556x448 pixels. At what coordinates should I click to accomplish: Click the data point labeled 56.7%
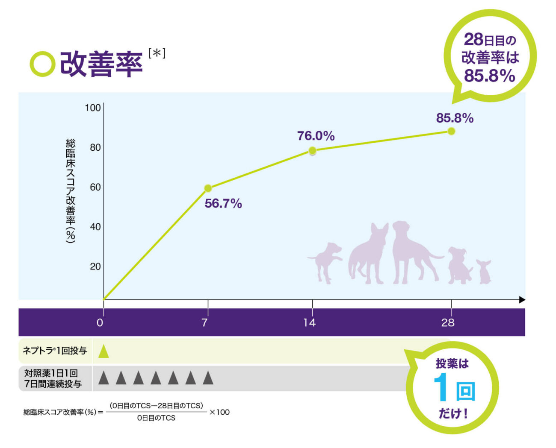tap(208, 188)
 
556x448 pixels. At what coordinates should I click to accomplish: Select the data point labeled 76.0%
tap(312, 150)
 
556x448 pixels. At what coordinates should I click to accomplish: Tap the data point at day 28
tap(451, 131)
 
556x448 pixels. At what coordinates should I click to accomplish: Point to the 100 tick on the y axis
tap(93, 108)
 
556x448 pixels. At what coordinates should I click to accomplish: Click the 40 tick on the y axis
tap(95, 227)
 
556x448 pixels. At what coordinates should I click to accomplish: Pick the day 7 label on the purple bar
tap(205, 322)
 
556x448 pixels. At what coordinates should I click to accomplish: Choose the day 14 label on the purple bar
tap(309, 322)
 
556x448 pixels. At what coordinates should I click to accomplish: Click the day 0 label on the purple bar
tap(100, 322)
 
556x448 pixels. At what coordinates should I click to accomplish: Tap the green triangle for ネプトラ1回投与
tap(104, 351)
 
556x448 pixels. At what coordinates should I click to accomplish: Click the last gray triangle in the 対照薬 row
tap(208, 378)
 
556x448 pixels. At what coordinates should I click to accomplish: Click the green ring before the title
tap(42, 64)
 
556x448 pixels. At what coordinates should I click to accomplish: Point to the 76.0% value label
tap(316, 136)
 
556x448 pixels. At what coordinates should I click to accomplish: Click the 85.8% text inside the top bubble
tap(490, 76)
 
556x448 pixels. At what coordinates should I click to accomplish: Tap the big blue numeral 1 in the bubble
tap(441, 387)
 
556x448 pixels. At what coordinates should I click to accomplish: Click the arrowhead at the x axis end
tap(522, 300)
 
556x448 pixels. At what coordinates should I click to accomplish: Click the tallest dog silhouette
tap(411, 252)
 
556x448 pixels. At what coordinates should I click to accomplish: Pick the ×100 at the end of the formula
tap(219, 412)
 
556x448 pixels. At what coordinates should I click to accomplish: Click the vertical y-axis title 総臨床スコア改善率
tap(71, 190)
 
